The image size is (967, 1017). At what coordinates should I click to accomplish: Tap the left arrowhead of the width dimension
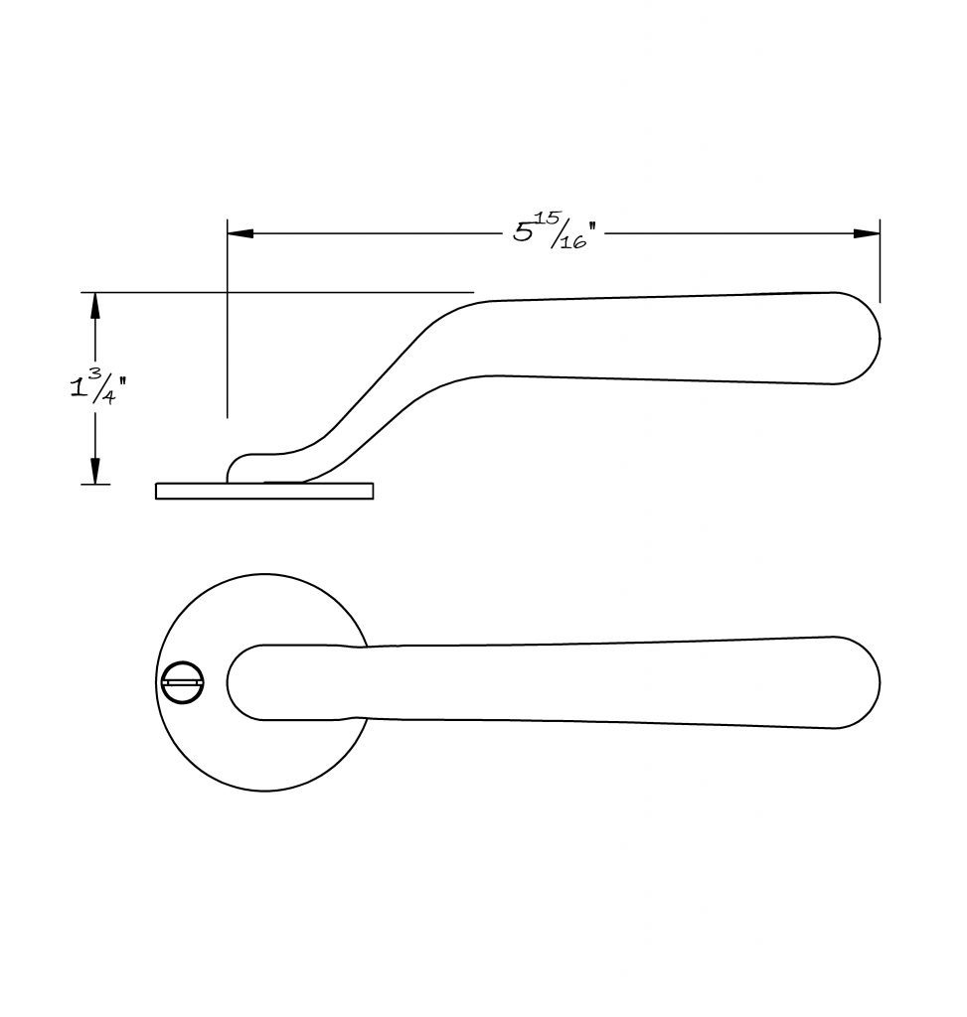(x=241, y=232)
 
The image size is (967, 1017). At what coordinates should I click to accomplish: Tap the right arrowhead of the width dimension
(x=867, y=233)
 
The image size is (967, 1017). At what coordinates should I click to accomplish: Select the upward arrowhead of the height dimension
(x=95, y=305)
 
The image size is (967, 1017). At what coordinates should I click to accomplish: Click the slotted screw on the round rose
(x=183, y=682)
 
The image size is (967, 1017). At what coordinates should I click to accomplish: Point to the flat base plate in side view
(x=264, y=491)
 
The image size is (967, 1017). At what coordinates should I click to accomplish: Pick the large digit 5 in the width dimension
(x=523, y=232)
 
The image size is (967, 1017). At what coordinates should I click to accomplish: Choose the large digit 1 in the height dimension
(x=77, y=388)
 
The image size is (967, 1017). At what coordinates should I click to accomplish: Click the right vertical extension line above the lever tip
(x=880, y=261)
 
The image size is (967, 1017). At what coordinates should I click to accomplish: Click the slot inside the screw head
(x=183, y=682)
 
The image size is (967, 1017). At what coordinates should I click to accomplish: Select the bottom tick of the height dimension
(x=95, y=484)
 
